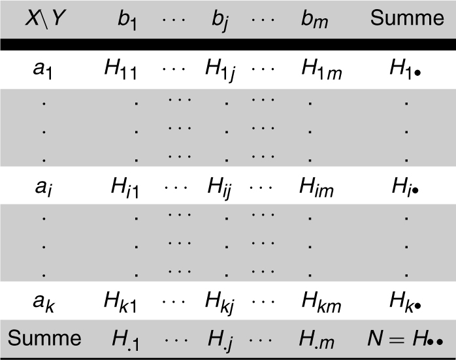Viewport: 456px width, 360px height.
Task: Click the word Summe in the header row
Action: (406, 18)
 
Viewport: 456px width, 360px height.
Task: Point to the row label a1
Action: (44, 67)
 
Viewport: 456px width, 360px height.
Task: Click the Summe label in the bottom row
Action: (44, 338)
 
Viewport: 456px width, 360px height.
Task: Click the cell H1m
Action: (322, 68)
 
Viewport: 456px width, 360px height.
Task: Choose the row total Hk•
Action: (406, 303)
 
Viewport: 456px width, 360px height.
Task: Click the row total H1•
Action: (406, 68)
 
